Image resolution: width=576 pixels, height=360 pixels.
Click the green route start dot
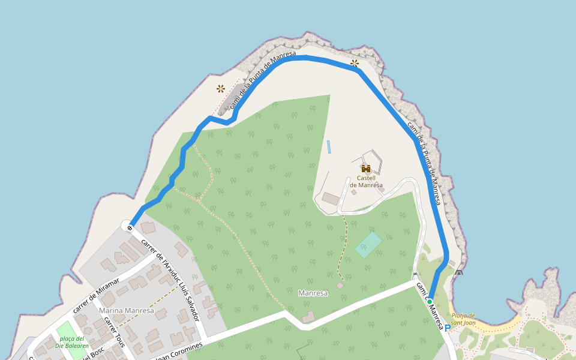[430, 301]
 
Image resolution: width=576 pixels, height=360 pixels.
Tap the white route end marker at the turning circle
[128, 226]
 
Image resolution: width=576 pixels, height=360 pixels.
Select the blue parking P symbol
[447, 328]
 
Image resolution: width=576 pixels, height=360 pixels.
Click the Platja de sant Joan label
[463, 319]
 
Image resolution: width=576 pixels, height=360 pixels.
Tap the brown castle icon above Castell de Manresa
[366, 169]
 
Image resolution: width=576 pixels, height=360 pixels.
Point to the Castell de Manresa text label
[366, 181]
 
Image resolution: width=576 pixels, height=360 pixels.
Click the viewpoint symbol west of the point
[221, 89]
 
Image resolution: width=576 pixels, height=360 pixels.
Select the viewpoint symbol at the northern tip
[355, 63]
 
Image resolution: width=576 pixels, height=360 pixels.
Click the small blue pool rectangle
[329, 146]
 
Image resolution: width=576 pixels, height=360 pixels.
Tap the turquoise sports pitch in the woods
[368, 245]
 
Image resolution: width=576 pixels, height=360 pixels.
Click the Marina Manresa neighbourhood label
[127, 311]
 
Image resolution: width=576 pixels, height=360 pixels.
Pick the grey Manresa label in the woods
[313, 293]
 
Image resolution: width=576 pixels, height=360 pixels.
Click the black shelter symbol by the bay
[459, 273]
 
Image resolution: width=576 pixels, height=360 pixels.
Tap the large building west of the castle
[330, 198]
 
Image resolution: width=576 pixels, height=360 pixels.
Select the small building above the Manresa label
[340, 286]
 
